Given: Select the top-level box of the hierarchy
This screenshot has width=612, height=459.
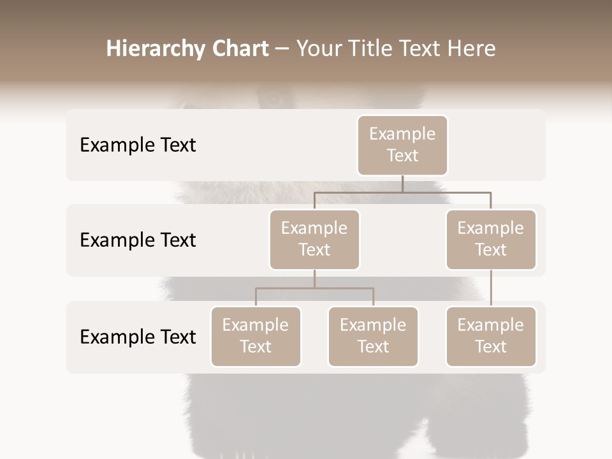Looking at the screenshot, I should (x=402, y=145).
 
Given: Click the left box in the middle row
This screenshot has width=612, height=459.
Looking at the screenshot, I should (x=314, y=240).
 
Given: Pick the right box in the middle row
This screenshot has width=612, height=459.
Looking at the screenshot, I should (x=491, y=240).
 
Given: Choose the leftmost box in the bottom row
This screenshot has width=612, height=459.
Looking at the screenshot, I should (x=256, y=337).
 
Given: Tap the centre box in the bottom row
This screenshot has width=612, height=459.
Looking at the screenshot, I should (x=373, y=337).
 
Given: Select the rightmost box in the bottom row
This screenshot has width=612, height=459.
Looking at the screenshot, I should (x=491, y=337).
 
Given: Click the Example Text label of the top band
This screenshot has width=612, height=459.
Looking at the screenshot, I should (x=138, y=145).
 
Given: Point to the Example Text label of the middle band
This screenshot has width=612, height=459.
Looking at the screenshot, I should (x=138, y=240).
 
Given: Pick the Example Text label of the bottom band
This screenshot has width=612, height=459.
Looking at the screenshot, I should (x=138, y=337).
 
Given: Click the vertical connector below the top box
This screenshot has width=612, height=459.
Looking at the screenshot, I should (x=402, y=184).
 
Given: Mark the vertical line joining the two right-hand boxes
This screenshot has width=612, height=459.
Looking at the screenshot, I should (x=491, y=288).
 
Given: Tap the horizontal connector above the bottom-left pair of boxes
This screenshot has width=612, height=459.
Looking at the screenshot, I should (x=314, y=288).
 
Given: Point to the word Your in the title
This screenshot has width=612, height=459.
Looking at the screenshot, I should (x=319, y=49).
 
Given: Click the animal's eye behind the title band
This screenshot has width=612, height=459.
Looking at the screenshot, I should (x=273, y=99).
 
